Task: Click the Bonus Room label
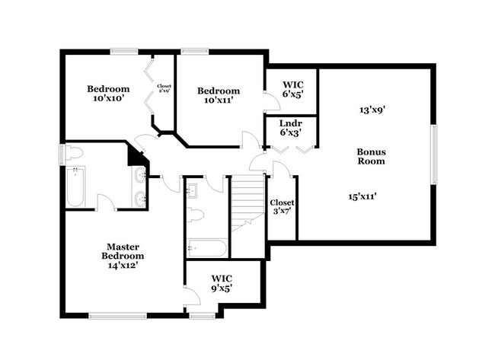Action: [371, 156]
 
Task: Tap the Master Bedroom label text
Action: [123, 251]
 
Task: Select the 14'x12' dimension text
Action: [123, 266]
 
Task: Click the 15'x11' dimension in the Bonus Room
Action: [362, 196]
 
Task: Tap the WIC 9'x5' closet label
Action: [222, 283]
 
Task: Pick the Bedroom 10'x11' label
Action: [219, 96]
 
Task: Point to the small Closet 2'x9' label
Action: [164, 89]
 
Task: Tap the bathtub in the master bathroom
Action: [75, 187]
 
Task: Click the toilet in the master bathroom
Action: [73, 153]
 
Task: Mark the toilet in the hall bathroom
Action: [196, 215]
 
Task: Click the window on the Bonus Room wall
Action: [434, 155]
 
